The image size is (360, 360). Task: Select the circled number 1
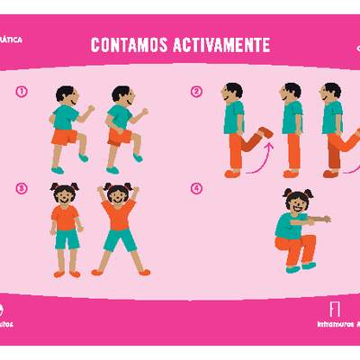21,90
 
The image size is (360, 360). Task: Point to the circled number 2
197,90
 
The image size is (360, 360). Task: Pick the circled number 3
21,187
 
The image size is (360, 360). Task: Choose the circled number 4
197,188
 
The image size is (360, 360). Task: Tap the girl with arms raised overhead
118,229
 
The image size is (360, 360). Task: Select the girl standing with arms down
66,229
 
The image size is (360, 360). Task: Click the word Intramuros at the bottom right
336,324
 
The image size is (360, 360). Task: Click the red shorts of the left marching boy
65,137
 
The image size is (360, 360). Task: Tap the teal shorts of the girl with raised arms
118,240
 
